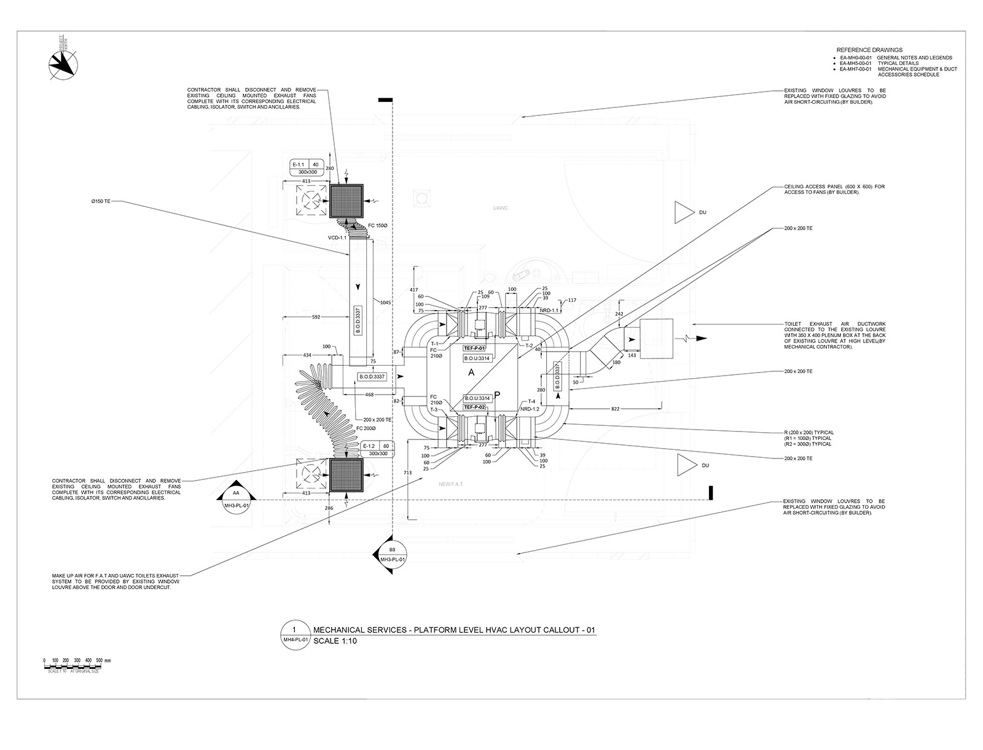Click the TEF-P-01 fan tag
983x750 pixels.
click(475, 348)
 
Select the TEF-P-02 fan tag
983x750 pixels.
click(475, 407)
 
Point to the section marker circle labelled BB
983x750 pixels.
click(392, 555)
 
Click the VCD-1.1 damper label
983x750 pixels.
click(338, 238)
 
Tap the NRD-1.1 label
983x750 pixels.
click(548, 311)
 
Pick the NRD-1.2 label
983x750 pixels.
click(529, 409)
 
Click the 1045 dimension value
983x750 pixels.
click(386, 302)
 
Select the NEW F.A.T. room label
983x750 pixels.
click(451, 484)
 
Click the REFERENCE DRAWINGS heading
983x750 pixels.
click(869, 50)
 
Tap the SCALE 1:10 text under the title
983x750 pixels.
click(335, 641)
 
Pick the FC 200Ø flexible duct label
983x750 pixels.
click(366, 428)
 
